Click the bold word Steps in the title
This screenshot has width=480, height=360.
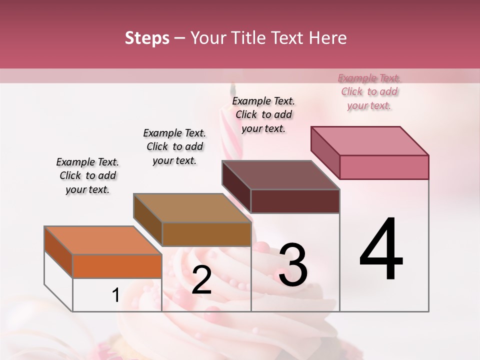[x=147, y=38]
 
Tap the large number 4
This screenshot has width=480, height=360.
[x=381, y=250]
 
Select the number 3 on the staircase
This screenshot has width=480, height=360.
[x=293, y=265]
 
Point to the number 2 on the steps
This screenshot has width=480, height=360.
[x=201, y=280]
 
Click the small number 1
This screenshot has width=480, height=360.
[x=115, y=295]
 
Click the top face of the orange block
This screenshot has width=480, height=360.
[x=102, y=240]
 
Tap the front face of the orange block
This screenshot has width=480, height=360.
[x=117, y=266]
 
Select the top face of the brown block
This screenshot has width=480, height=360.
[x=192, y=207]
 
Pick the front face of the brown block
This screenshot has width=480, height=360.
[x=206, y=234]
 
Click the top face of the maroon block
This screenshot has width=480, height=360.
[x=280, y=175]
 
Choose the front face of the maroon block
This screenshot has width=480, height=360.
[x=295, y=201]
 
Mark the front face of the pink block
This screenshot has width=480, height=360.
[x=384, y=167]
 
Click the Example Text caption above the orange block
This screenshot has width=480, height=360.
[x=87, y=175]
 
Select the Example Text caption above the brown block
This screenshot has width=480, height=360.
[x=174, y=146]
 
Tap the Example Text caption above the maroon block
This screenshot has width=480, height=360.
[x=263, y=114]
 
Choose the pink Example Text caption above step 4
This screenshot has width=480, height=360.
[x=369, y=91]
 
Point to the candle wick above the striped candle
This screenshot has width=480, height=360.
[x=231, y=90]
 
